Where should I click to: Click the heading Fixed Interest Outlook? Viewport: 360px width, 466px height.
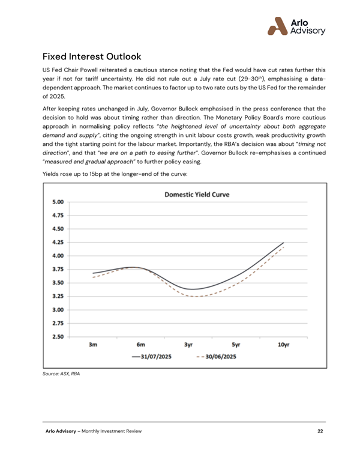(92, 57)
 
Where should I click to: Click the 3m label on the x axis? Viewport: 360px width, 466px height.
(93, 345)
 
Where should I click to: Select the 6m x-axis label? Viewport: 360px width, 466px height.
(141, 345)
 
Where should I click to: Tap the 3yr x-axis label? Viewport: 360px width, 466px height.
(188, 345)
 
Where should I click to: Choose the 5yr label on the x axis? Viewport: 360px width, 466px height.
(236, 345)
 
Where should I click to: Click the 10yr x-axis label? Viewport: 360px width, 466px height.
(284, 345)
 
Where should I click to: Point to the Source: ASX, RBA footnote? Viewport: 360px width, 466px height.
(61, 374)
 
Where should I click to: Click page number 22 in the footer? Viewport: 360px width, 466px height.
(320, 431)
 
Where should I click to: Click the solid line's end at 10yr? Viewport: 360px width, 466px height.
(284, 243)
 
